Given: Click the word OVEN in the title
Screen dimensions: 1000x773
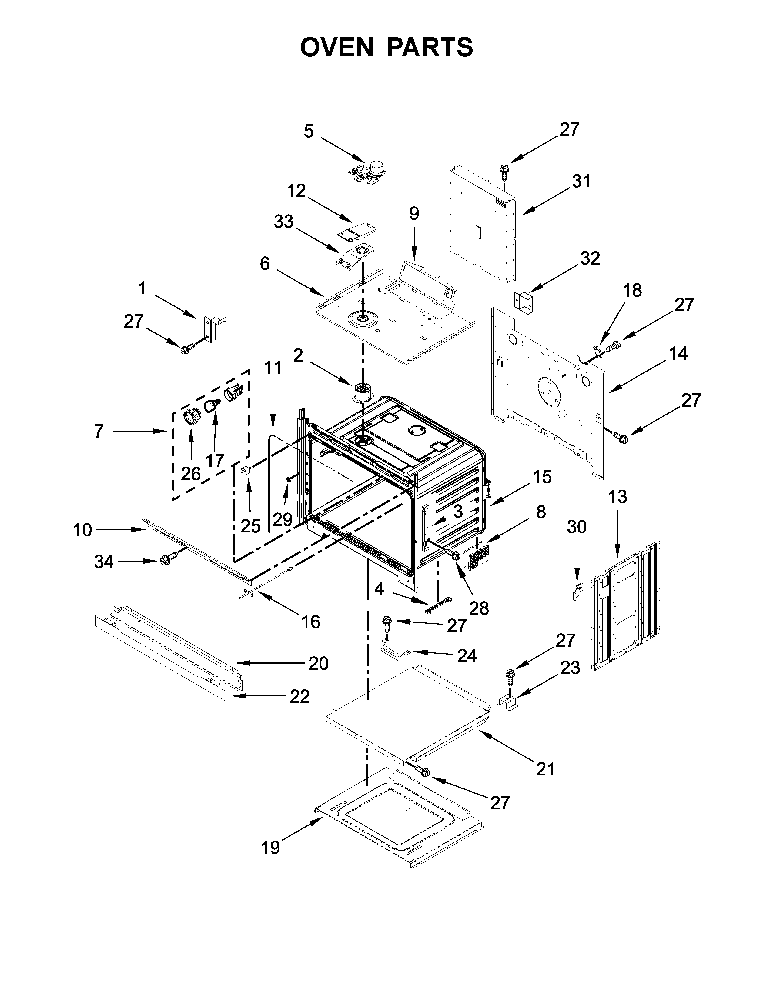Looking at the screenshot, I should tap(337, 47).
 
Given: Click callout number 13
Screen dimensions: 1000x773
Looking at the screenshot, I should tap(618, 496).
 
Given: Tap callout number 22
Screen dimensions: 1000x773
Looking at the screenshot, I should tap(299, 696).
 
